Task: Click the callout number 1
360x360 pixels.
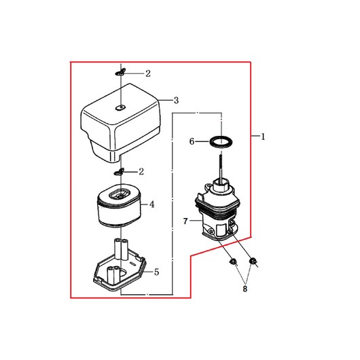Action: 263,137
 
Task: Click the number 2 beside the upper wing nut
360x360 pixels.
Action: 148,73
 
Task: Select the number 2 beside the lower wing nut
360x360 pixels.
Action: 141,171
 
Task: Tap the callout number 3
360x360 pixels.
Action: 176,101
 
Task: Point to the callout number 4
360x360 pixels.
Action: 152,204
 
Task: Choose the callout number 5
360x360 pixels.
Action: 157,272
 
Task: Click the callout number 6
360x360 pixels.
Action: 192,141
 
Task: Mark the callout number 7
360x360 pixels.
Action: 185,221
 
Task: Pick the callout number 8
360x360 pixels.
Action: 245,289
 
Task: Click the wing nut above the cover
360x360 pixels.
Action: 120,72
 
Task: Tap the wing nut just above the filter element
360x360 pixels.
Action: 119,172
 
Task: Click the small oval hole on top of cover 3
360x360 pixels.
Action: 120,107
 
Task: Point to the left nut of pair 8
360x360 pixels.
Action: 233,262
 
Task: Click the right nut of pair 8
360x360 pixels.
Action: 253,261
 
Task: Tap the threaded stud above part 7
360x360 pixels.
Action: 221,168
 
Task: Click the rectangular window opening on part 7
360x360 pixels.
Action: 221,230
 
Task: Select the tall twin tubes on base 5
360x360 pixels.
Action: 121,249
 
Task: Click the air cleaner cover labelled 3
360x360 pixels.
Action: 120,123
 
